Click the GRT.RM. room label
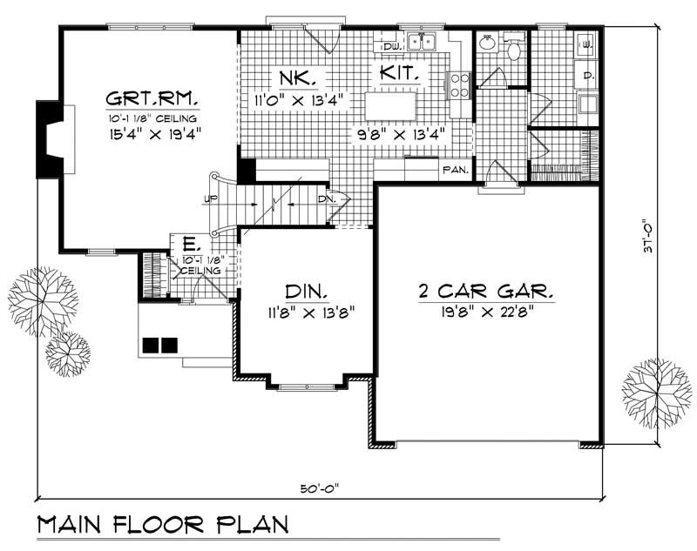coord(152,96)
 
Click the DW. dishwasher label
coord(391,44)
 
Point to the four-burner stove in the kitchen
coord(459,84)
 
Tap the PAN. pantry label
coord(456,170)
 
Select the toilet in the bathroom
coord(514,50)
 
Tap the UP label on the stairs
coord(209,200)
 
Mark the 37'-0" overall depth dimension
coord(646,235)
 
